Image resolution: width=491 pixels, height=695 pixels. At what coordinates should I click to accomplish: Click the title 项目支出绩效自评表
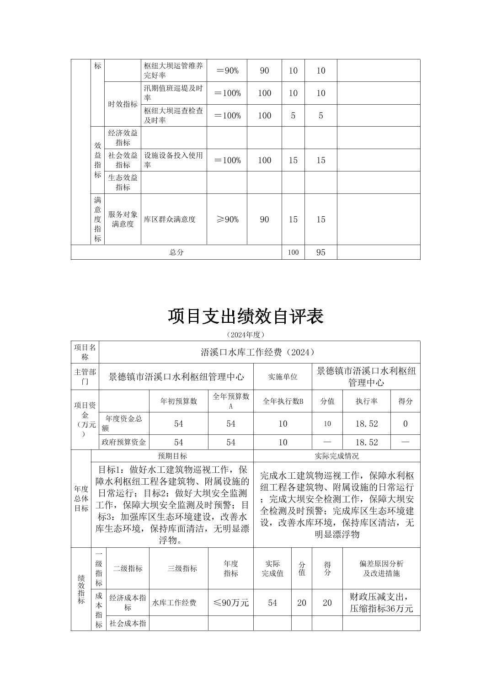coord(245,316)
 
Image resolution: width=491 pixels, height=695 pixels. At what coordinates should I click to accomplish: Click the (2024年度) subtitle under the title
coord(245,335)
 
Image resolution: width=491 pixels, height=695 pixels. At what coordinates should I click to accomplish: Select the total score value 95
coord(320,252)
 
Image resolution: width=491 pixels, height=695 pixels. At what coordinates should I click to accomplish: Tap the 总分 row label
coord(176,252)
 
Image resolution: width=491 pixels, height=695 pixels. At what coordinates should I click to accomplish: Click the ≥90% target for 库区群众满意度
coord(227,219)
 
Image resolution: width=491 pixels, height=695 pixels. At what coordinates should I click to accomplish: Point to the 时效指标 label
coord(123,104)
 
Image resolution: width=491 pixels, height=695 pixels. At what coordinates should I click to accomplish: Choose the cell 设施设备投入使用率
coord(173,160)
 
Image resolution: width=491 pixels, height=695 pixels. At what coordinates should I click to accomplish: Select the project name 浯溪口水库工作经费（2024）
coord(259,352)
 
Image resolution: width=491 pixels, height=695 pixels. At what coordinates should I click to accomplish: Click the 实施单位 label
coord(283,377)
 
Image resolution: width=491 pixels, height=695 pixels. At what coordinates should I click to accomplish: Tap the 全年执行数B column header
coord(283,401)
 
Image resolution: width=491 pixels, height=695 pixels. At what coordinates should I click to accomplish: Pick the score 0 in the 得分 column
coord(405,424)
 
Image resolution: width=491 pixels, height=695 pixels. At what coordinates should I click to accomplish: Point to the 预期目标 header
coord(172,456)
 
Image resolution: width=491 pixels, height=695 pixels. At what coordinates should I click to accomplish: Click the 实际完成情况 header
coord(336,456)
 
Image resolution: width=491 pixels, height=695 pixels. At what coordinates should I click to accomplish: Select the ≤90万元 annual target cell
coord(231,603)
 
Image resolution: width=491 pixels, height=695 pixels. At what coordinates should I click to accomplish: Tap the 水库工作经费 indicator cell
coord(174,603)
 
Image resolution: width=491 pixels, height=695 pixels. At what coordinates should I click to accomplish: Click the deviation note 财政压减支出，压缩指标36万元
coord(381,603)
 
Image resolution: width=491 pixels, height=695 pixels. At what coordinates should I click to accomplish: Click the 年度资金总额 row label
coord(123,423)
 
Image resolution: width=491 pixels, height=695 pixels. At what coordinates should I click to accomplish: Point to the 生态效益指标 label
coord(123,182)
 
